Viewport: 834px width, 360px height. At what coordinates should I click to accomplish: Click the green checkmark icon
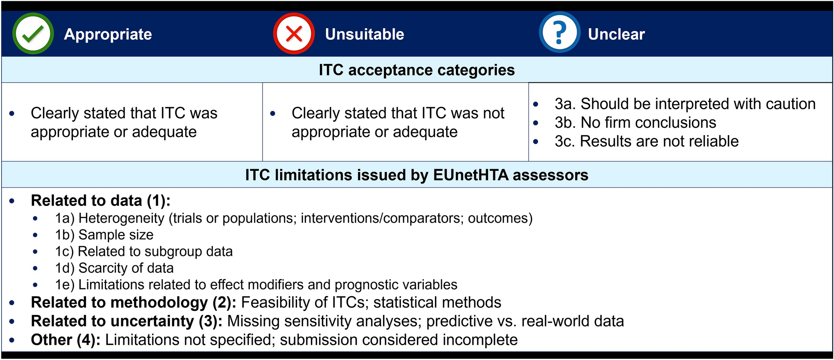tap(33, 34)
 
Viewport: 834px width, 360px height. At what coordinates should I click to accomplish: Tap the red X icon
tap(294, 34)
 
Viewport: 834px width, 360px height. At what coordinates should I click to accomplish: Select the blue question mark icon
tap(560, 32)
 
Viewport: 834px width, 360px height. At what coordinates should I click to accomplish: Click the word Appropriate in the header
tap(108, 34)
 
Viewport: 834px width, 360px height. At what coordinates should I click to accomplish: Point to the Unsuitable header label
tap(365, 34)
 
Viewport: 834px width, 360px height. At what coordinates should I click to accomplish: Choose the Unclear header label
tap(616, 34)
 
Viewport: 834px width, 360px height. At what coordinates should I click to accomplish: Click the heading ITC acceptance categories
tap(417, 70)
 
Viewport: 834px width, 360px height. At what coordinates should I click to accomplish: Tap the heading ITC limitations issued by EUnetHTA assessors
tap(417, 175)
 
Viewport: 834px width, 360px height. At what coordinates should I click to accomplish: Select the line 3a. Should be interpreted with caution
tap(685, 104)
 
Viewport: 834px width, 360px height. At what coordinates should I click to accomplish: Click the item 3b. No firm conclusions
tap(635, 122)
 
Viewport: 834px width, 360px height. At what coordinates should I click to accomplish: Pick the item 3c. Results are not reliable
tap(647, 141)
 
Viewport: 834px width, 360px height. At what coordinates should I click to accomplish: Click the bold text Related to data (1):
tap(101, 201)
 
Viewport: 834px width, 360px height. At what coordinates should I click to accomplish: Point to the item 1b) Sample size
tap(104, 235)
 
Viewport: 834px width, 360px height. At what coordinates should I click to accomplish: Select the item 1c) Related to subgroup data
tap(144, 251)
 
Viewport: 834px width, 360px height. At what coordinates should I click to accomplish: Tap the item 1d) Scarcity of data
tap(114, 268)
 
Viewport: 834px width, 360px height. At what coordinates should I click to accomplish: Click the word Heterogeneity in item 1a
tap(121, 218)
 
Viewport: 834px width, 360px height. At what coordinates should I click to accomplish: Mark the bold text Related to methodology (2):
tap(134, 303)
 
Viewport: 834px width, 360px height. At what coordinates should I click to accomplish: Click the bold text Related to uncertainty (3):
tap(127, 321)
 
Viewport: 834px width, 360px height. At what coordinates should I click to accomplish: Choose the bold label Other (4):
tap(66, 340)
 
